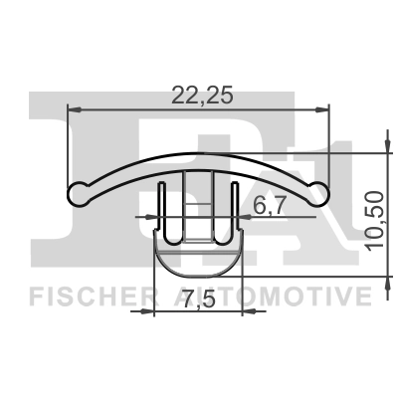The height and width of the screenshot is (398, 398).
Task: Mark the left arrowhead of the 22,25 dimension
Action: tap(73, 108)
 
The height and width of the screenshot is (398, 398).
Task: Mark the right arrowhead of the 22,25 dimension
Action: tap(323, 108)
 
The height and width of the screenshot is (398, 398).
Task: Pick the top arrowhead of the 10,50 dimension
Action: tap(384, 158)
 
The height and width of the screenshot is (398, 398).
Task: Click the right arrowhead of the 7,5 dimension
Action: tap(239, 311)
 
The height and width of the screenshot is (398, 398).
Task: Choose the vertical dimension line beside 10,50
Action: tap(384, 212)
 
